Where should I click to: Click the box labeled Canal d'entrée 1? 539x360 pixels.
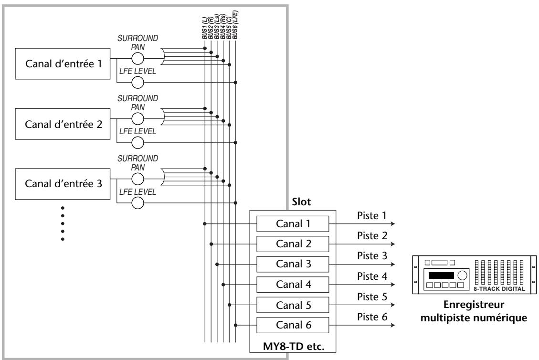[63, 64]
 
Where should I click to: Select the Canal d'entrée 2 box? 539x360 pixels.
[63, 124]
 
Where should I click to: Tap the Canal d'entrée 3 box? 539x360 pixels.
[63, 184]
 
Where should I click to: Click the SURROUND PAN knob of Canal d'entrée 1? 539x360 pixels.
[137, 59]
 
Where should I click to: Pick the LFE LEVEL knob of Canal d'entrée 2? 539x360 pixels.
[137, 143]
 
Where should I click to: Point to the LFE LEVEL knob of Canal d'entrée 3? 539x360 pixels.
[137, 203]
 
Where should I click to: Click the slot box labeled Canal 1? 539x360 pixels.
[293, 224]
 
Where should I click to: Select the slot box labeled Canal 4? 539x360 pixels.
[293, 285]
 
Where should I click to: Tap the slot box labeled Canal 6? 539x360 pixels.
[293, 325]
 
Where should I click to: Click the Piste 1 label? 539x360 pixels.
[372, 216]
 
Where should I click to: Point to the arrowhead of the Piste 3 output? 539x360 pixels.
[393, 265]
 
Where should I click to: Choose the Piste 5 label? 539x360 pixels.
[372, 296]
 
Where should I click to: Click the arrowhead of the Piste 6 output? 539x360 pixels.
[393, 325]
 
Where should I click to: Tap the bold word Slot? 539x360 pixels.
[301, 202]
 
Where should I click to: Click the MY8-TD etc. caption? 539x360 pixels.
[294, 346]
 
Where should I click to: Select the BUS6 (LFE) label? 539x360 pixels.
[235, 25]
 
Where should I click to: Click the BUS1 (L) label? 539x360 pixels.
[204, 29]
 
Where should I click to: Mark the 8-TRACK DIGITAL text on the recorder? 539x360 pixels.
[499, 289]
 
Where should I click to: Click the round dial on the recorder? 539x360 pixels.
[463, 275]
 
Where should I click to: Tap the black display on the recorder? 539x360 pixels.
[441, 275]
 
